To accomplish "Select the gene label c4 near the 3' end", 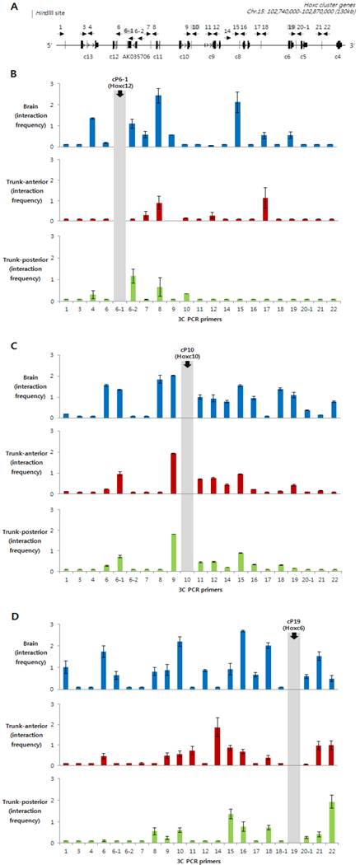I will [x=338, y=58].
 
